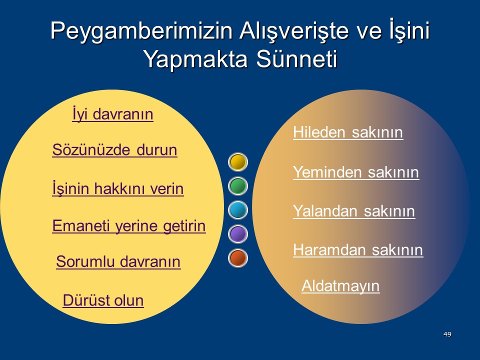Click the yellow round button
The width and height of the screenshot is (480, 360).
(x=238, y=162)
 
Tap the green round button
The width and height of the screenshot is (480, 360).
(x=238, y=186)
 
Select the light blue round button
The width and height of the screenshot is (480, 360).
(x=238, y=210)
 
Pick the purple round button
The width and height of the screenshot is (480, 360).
(x=238, y=234)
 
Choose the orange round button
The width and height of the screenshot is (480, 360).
(x=238, y=258)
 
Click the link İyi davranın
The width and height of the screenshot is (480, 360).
(x=112, y=114)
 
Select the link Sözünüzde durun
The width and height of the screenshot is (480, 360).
(x=114, y=150)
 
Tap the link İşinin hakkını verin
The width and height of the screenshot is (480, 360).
(x=118, y=188)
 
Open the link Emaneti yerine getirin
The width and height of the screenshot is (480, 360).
(x=129, y=226)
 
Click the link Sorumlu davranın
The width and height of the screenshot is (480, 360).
(x=118, y=261)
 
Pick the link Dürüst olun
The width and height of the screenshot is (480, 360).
(x=103, y=300)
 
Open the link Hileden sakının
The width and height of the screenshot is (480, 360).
(x=348, y=132)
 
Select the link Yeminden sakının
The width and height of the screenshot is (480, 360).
(x=356, y=172)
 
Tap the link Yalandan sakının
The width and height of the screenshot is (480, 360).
(x=354, y=211)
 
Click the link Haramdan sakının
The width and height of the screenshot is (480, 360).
(x=358, y=250)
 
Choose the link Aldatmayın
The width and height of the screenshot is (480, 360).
(x=340, y=286)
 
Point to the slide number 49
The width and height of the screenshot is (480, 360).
(x=447, y=334)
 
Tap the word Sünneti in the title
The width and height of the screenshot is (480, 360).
(x=296, y=59)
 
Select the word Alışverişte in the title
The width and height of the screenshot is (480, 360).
(x=294, y=31)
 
